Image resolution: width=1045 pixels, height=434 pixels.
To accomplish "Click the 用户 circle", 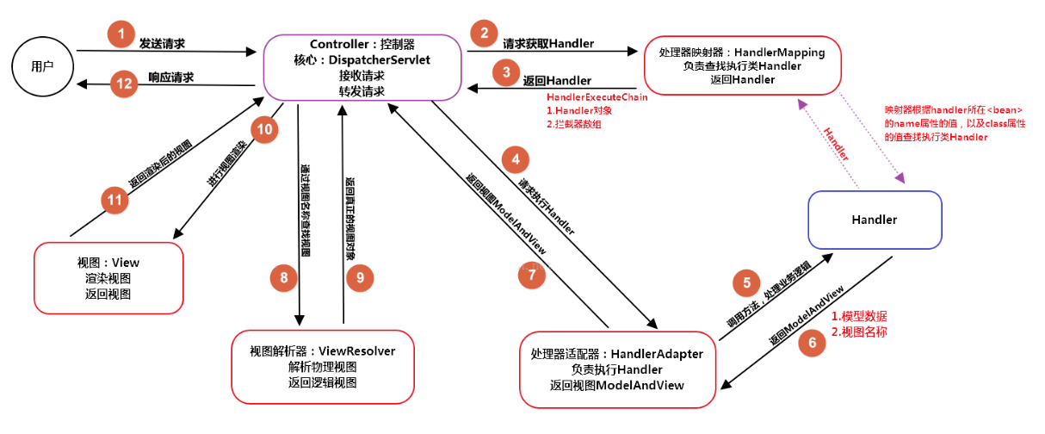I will tap(41, 65).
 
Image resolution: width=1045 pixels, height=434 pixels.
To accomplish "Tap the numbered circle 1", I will tap(121, 35).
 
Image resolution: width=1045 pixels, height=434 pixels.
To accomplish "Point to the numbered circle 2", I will tap(485, 35).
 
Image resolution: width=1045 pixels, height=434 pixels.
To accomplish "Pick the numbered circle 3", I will tap(506, 71).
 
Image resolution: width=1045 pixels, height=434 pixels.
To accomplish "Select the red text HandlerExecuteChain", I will tap(597, 97).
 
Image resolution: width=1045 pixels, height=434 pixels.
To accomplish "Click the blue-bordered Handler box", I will tap(875, 220).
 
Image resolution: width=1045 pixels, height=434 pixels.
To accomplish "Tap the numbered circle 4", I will tap(515, 160).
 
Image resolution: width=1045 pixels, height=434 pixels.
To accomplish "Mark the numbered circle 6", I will tap(810, 343).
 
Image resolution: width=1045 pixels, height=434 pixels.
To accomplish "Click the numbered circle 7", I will tap(532, 275).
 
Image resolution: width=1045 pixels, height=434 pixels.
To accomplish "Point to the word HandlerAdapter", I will tap(657, 354).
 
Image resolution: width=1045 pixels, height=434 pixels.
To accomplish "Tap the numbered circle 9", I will tap(360, 276).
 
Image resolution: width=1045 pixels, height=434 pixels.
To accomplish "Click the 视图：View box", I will tap(108, 277).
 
